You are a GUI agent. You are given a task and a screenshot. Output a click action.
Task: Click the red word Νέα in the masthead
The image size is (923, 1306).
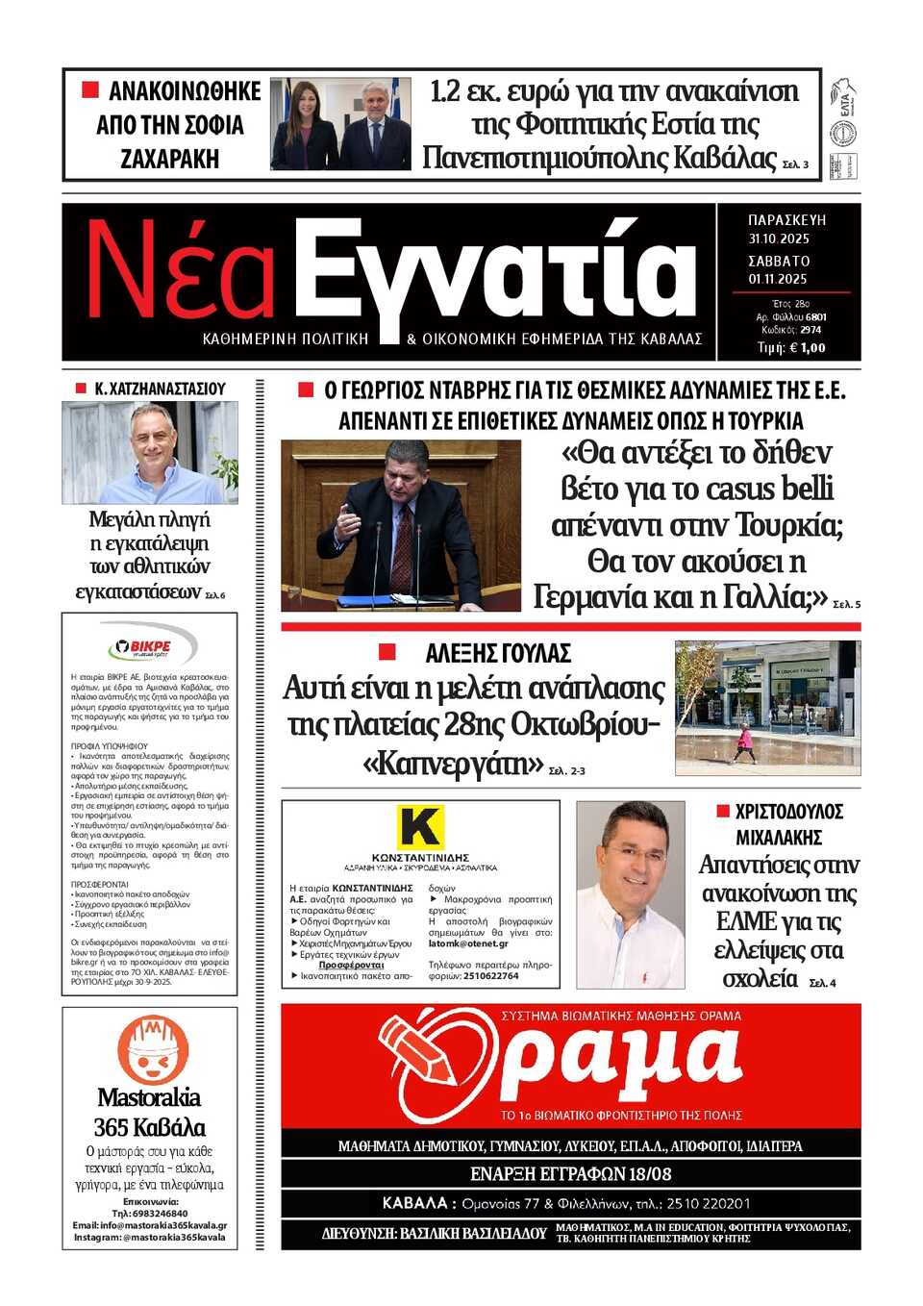[x=181, y=271]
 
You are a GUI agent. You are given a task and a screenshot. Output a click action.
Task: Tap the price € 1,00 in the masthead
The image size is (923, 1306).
[x=806, y=348]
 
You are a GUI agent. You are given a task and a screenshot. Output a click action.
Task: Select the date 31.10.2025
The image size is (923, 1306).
[x=779, y=239]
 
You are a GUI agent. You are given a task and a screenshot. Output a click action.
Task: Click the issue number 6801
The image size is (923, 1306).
[x=815, y=316]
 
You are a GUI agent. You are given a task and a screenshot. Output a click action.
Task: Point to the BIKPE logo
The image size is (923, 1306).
[x=150, y=646]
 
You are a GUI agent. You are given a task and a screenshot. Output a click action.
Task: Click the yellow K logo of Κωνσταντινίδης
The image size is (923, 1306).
[x=420, y=827]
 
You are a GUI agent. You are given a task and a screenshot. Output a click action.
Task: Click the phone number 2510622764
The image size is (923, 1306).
[x=490, y=975]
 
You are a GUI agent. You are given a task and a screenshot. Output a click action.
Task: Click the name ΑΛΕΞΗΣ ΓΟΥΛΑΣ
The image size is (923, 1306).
[x=497, y=654]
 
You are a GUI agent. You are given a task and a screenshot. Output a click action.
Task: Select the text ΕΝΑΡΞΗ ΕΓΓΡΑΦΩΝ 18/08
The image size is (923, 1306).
[x=570, y=1174]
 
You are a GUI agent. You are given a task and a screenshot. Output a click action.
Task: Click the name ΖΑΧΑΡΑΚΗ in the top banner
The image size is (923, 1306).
[x=169, y=159]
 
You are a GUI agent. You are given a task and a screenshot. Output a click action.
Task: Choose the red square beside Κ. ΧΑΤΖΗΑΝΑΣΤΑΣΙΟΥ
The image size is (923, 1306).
[x=81, y=389]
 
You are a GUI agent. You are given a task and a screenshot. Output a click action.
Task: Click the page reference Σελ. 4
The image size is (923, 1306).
[x=822, y=983]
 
